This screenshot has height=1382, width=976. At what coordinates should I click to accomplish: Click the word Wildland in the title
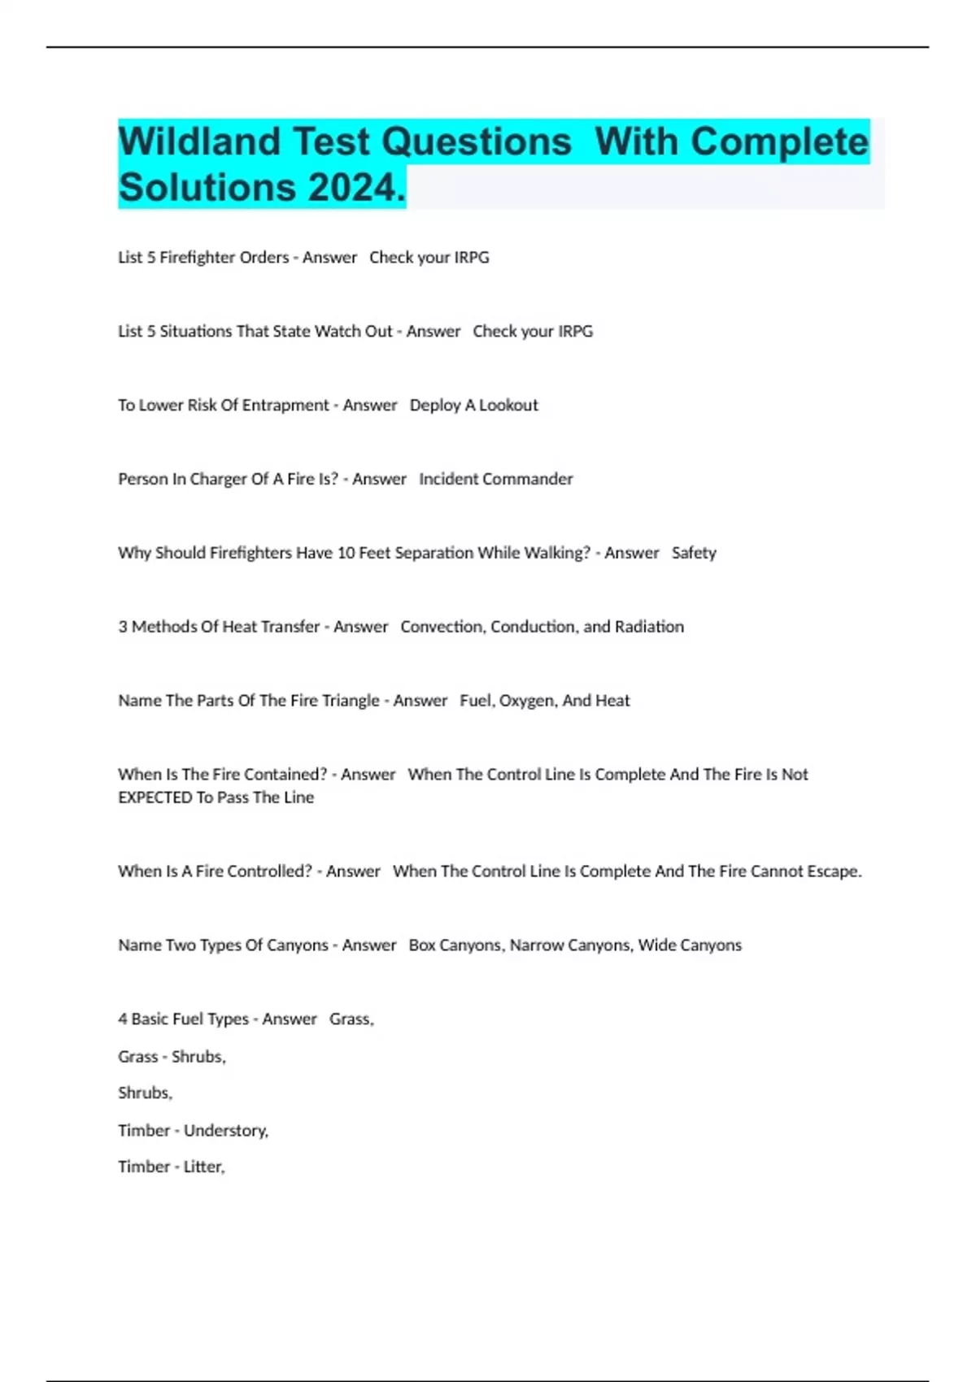tap(199, 142)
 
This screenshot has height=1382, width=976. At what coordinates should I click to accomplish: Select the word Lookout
tap(508, 406)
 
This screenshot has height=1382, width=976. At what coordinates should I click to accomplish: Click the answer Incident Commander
tap(495, 480)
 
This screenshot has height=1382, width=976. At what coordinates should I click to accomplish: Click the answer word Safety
tap(694, 554)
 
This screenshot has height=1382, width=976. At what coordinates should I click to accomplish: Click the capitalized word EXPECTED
tap(155, 798)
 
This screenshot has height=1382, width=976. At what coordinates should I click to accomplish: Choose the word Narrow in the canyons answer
tap(536, 945)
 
